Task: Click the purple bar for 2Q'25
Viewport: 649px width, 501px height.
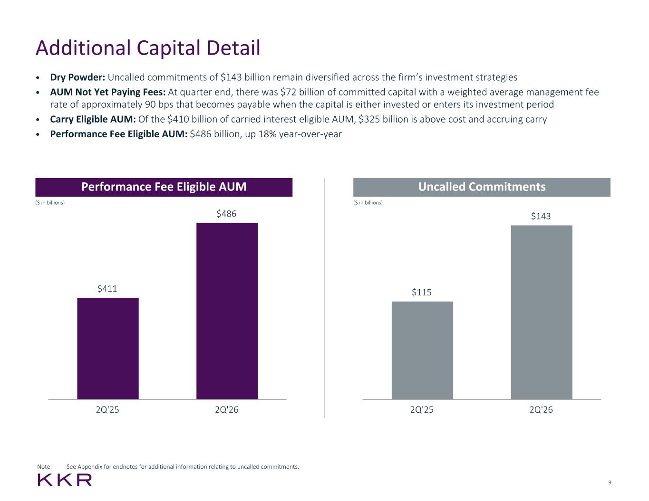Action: (x=108, y=348)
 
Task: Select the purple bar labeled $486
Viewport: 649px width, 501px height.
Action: (x=227, y=311)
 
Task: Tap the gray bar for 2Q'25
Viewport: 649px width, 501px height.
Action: (x=422, y=350)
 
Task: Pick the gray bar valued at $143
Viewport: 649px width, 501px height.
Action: (x=542, y=312)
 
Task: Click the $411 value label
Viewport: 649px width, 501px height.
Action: (x=107, y=289)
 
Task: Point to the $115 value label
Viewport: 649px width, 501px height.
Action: (x=421, y=292)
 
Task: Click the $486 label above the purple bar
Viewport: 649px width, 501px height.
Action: (x=226, y=214)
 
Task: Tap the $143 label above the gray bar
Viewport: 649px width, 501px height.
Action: (x=541, y=216)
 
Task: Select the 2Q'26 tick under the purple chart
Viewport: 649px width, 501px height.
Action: (x=227, y=410)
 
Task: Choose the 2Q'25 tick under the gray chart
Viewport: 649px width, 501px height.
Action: (x=422, y=410)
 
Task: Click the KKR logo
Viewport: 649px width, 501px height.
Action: (x=65, y=480)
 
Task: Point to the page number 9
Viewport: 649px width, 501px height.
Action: (x=610, y=483)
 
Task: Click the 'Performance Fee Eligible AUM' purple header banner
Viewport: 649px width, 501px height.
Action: (x=164, y=187)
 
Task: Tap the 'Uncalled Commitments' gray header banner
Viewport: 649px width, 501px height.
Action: (x=482, y=187)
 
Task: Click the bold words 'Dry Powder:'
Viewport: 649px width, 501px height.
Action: (x=77, y=77)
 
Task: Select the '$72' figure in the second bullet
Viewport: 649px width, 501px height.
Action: (x=289, y=93)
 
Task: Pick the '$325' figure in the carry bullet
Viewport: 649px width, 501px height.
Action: (x=369, y=119)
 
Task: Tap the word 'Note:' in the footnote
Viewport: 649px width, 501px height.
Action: (x=45, y=467)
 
